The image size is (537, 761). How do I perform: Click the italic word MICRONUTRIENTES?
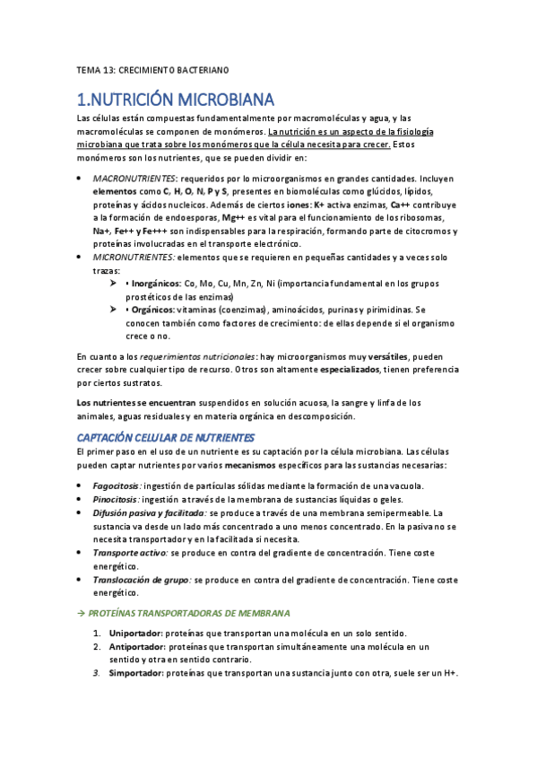[x=133, y=257]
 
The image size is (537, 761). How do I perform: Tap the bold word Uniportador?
[x=134, y=634]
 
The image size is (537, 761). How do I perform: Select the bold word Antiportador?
[x=135, y=647]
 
